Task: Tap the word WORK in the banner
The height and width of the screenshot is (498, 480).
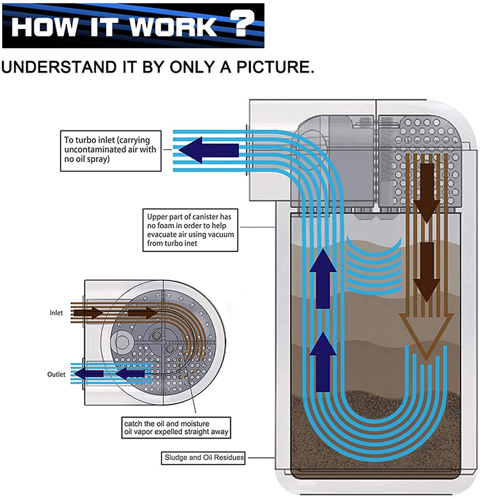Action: pyautogui.click(x=174, y=26)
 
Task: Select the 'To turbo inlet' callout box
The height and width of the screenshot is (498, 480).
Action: pyautogui.click(x=110, y=150)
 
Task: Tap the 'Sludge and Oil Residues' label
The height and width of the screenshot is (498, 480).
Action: pyautogui.click(x=204, y=457)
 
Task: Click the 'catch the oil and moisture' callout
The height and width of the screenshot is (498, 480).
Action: pyautogui.click(x=176, y=428)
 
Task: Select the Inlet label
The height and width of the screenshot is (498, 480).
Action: pyautogui.click(x=56, y=313)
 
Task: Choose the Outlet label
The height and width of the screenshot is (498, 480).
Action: pyautogui.click(x=56, y=374)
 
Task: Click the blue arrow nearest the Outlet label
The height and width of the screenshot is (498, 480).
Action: pyautogui.click(x=89, y=374)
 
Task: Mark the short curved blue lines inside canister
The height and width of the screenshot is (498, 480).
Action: pyautogui.click(x=374, y=266)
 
